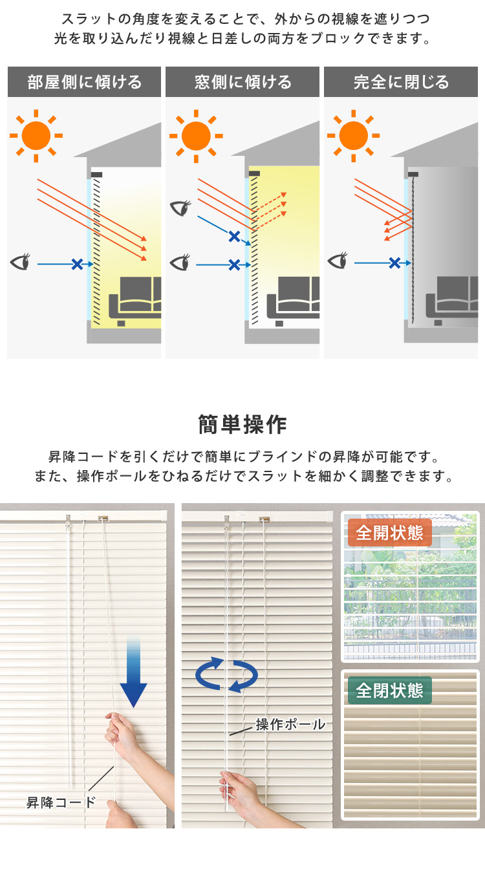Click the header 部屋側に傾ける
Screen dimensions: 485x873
point(84,82)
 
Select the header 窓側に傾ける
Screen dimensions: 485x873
point(242,82)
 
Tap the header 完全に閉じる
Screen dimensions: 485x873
point(401,82)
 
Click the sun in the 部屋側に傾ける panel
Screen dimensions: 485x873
point(36,136)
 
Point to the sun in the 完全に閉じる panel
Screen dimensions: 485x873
point(354,136)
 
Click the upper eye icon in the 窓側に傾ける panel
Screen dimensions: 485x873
point(180,208)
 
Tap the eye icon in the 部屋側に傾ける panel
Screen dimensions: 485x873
point(21,261)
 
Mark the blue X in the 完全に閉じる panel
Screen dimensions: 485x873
point(394,263)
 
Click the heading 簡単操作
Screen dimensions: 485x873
point(242,424)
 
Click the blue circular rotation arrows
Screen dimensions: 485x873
point(226,674)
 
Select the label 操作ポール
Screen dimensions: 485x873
point(290,724)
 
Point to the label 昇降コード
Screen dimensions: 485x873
point(61,803)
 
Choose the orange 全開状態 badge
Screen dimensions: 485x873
point(390,532)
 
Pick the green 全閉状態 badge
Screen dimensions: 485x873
point(390,691)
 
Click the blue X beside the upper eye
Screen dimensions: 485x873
point(234,237)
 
